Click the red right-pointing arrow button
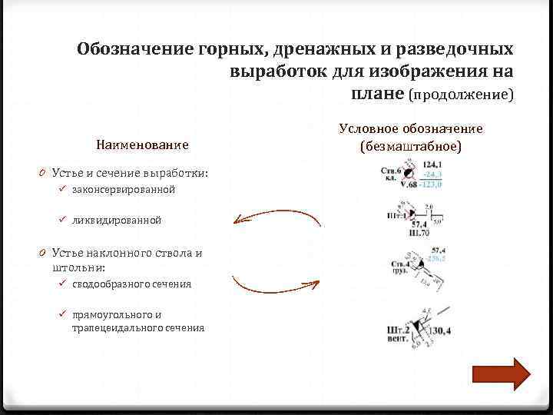(x=500, y=374)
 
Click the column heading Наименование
(x=142, y=144)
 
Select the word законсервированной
(x=124, y=189)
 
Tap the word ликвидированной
(x=117, y=220)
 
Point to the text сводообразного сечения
(x=131, y=284)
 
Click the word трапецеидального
(x=114, y=327)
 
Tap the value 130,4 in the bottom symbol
(x=440, y=330)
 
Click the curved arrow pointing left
(x=276, y=219)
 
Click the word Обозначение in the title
(x=126, y=50)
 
